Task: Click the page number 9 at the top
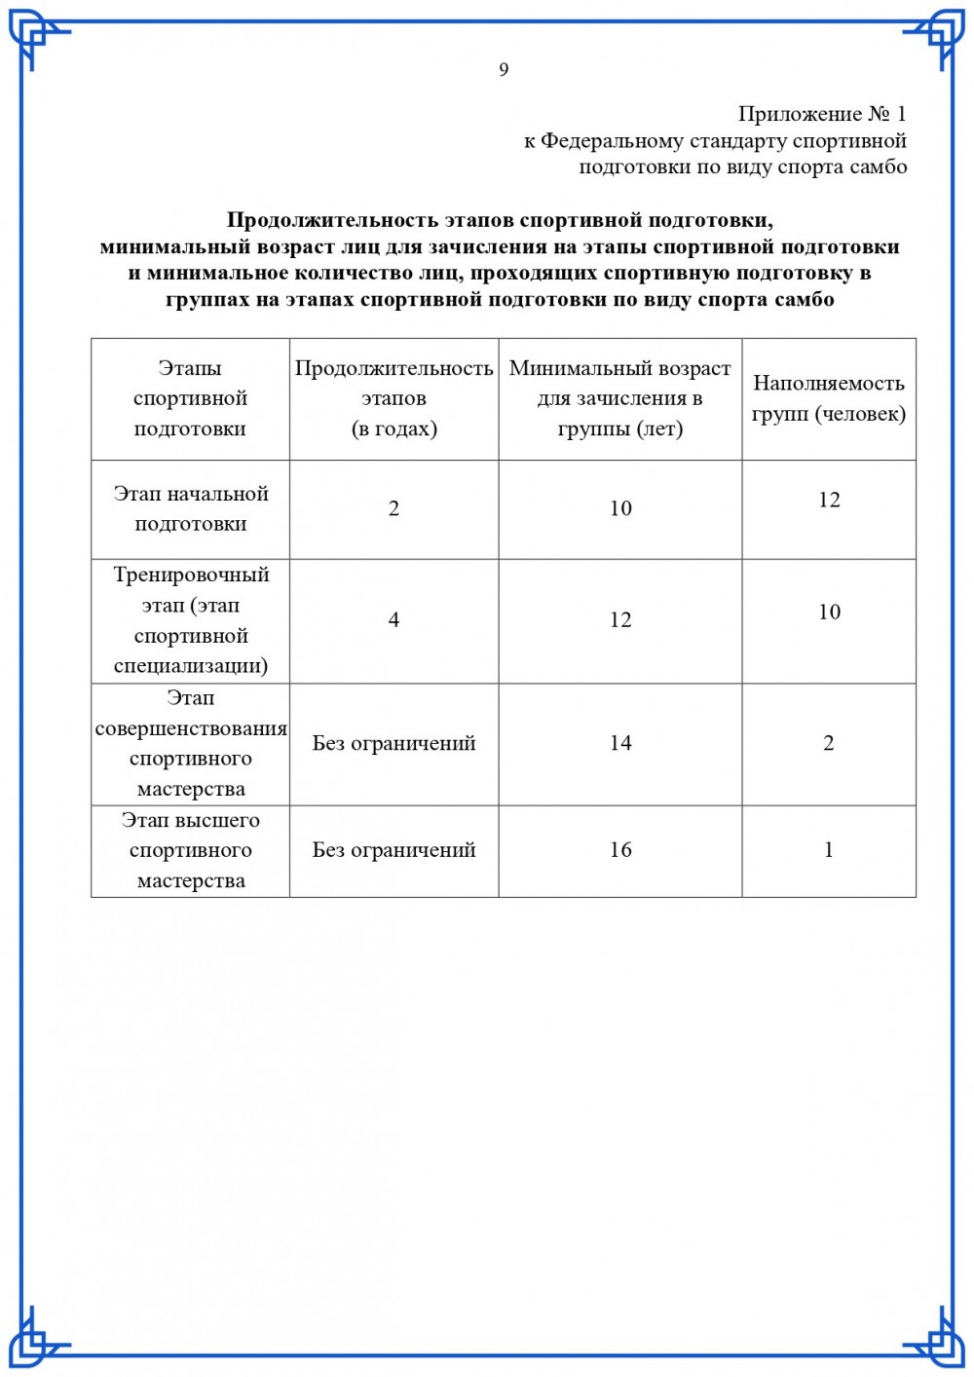click(x=504, y=69)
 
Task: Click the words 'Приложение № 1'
click(x=821, y=114)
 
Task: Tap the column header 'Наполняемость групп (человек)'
click(x=829, y=398)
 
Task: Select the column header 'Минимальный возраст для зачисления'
click(x=620, y=398)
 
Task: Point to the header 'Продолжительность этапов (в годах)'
click(x=393, y=398)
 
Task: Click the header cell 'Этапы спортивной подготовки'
click(x=190, y=398)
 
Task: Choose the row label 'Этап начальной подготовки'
click(x=191, y=508)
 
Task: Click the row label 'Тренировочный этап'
click(x=191, y=620)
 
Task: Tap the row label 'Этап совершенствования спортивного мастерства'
click(x=191, y=743)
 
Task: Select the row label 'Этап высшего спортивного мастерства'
click(x=191, y=850)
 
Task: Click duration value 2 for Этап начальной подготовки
click(x=393, y=508)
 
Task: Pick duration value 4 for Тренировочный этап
click(x=393, y=620)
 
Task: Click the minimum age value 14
click(x=620, y=743)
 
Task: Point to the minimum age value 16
click(x=620, y=850)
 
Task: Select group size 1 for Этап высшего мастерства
click(x=829, y=850)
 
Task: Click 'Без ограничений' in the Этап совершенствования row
click(x=393, y=743)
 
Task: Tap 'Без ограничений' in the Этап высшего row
click(x=393, y=850)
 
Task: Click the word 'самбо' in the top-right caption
click(x=879, y=167)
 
